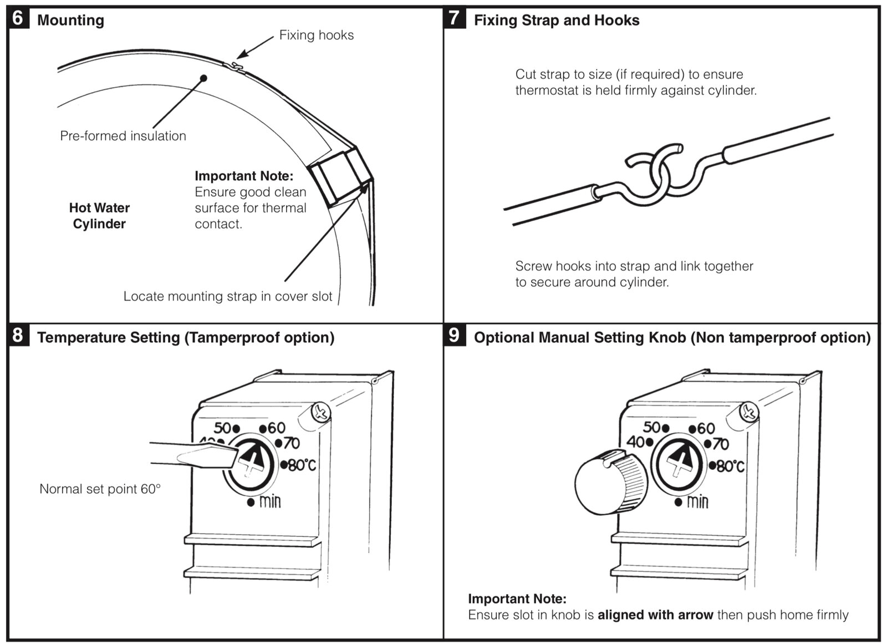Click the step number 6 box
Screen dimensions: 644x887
click(x=18, y=18)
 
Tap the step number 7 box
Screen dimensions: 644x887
click(x=454, y=18)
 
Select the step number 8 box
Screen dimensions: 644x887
click(x=18, y=336)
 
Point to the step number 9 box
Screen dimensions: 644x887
click(x=454, y=336)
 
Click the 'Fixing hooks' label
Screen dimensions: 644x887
click(x=316, y=35)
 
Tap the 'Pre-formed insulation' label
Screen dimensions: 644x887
click(x=123, y=136)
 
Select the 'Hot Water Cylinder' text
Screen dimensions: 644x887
click(x=99, y=216)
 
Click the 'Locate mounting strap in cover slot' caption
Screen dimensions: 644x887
click(x=227, y=296)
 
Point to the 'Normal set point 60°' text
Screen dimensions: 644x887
click(x=100, y=489)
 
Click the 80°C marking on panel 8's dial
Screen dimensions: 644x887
click(x=302, y=465)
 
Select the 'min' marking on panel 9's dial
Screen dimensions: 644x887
click(x=697, y=502)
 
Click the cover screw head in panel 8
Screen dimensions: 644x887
click(x=320, y=412)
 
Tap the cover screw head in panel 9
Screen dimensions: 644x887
click(x=749, y=411)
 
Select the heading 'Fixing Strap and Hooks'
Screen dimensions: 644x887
click(x=556, y=21)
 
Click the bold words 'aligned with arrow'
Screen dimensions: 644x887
click(x=655, y=615)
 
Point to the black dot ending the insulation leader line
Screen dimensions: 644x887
click(x=203, y=78)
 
